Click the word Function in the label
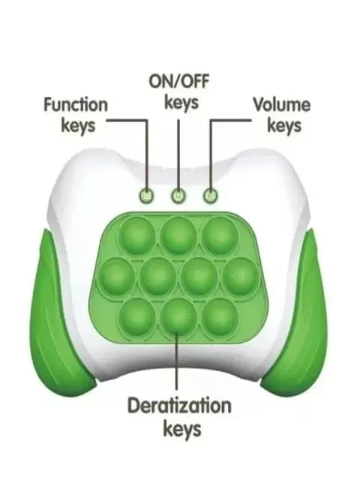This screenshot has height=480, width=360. coord(76,105)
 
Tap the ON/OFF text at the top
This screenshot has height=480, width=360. coord(179,82)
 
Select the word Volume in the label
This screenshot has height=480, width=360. coord(282,105)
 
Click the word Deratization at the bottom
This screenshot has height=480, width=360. coord(179,405)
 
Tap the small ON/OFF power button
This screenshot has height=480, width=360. coord(178,195)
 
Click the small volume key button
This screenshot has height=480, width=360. coord(211,195)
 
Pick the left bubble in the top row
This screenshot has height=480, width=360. coord(136,235)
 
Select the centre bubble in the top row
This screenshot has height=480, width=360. coord(178,235)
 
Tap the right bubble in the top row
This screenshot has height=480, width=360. coord(220,235)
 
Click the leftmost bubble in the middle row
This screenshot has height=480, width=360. coord(117,276)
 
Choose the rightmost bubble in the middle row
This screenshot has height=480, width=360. coord(241,276)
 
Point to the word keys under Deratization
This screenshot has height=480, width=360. coord(182,428)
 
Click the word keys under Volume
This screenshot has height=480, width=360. coord(284,125)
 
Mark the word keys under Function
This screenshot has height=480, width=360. coord(78,125)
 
